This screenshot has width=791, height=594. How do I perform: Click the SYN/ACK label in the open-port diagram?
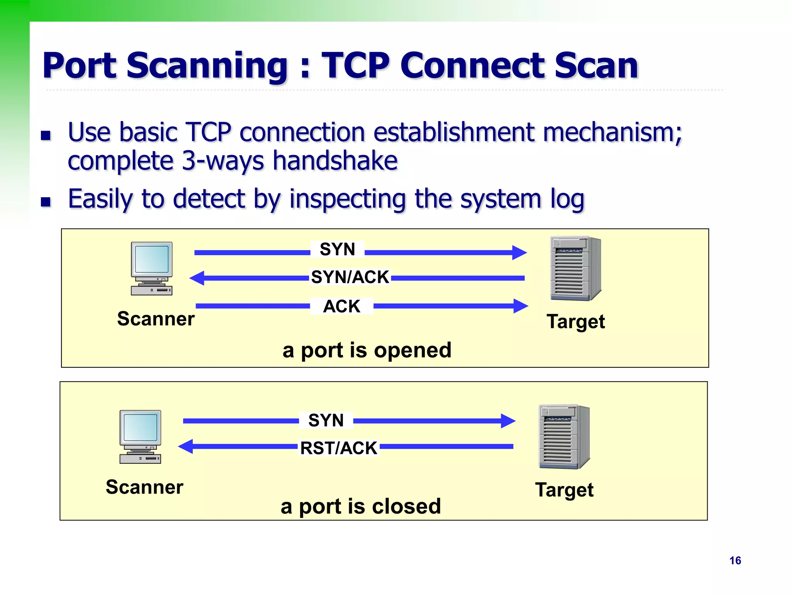pyautogui.click(x=350, y=277)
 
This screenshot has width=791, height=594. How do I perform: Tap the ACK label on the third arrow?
pyautogui.click(x=341, y=306)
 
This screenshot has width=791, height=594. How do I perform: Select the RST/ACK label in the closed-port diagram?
pyautogui.click(x=338, y=448)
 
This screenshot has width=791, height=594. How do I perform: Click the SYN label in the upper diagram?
pyautogui.click(x=337, y=249)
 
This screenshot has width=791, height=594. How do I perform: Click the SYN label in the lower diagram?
pyautogui.click(x=326, y=420)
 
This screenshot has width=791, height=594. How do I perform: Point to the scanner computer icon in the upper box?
pyautogui.click(x=152, y=268)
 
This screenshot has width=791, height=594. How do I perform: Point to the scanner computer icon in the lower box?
pyautogui.click(x=140, y=437)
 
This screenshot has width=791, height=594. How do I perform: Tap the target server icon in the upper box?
pyautogui.click(x=575, y=268)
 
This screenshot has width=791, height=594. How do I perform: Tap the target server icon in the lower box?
pyautogui.click(x=564, y=437)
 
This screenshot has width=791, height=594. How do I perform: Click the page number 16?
pyautogui.click(x=735, y=560)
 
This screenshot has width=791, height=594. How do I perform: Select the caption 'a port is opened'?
pyautogui.click(x=367, y=350)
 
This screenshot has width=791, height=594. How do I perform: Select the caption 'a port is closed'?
pyautogui.click(x=361, y=506)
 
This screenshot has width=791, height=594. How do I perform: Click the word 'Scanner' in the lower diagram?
pyautogui.click(x=144, y=487)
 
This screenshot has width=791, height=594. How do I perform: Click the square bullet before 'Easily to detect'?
pyautogui.click(x=46, y=202)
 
